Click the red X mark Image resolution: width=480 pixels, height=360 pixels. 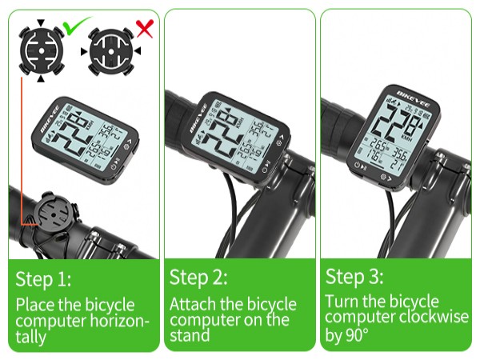(x=145, y=30)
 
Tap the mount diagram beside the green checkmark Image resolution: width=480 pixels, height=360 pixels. (x=39, y=49)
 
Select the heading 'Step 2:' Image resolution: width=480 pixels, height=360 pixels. (x=198, y=278)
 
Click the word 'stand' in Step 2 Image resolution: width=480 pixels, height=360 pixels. (x=190, y=335)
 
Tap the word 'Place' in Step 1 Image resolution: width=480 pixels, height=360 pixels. (x=35, y=305)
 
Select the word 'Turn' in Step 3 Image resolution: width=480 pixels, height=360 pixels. (x=342, y=302)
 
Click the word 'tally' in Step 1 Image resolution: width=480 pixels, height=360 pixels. (x=32, y=337)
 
